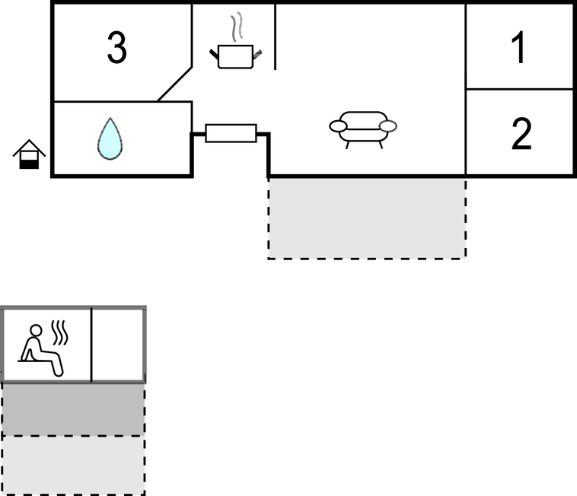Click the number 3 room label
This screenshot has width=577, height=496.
point(116,49)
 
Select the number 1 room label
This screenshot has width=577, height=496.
point(519,49)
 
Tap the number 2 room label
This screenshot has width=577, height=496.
point(521,135)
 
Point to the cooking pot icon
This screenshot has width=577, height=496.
point(235,56)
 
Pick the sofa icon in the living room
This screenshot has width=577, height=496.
point(363,127)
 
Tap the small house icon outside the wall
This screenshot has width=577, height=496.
point(29,154)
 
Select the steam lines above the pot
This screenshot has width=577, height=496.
point(239,27)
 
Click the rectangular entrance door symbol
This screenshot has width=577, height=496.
point(231,133)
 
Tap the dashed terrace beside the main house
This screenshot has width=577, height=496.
point(366,218)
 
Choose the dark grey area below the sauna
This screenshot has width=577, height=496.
point(73,409)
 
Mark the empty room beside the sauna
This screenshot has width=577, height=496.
point(118,345)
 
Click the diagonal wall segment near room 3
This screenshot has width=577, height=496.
point(174,84)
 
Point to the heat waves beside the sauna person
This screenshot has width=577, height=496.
point(59,332)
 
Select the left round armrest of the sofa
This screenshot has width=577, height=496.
point(338,126)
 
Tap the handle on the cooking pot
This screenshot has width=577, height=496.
point(257,53)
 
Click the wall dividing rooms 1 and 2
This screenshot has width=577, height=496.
point(519,89)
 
